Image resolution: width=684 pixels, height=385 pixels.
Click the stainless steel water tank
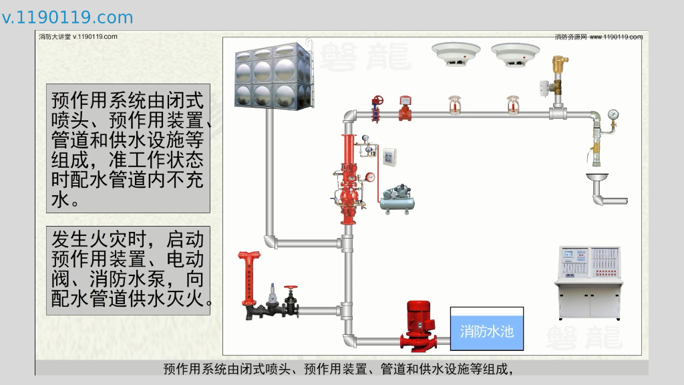coord(273,75)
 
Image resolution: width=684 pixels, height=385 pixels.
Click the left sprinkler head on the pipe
coord(455,106)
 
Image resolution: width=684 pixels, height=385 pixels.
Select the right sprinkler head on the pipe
coord(514,106)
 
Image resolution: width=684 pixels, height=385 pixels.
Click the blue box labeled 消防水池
coord(486,329)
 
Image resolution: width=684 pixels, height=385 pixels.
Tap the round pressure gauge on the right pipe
coord(613,114)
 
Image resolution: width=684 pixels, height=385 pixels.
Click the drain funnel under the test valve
coord(598,178)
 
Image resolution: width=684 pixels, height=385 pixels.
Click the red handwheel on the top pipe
coord(378,101)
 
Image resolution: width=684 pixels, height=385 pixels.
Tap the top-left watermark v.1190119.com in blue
coord(67,17)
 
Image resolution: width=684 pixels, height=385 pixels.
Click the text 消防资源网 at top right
coord(570,37)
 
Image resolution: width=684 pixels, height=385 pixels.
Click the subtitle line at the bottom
coord(341,368)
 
